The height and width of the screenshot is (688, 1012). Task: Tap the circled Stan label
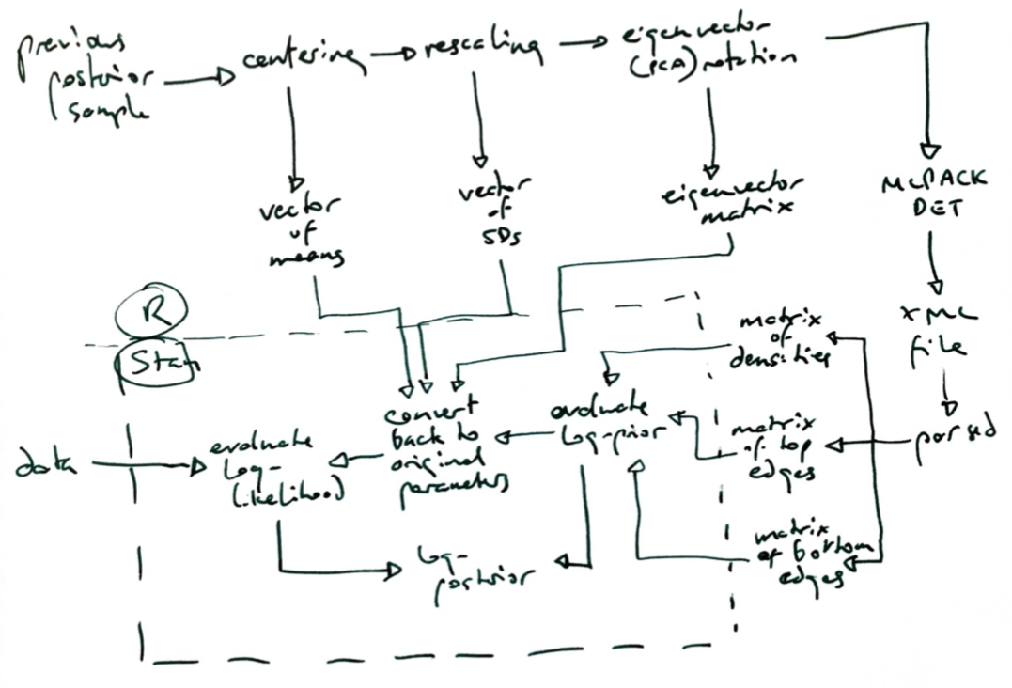[x=156, y=367]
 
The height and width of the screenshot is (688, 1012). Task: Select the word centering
[x=300, y=60]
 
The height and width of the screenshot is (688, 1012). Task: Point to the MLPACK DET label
[x=935, y=193]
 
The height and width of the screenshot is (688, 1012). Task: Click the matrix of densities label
[x=781, y=339]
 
